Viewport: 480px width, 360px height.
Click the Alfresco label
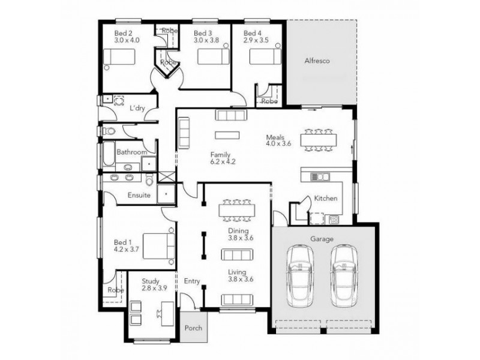317,61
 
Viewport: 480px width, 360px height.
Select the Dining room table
237,210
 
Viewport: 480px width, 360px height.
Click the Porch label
194,328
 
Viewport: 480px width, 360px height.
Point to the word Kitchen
326,199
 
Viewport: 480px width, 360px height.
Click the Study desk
166,311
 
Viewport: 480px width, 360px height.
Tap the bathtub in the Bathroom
108,155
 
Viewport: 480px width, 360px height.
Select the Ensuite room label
139,195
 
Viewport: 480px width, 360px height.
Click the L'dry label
139,108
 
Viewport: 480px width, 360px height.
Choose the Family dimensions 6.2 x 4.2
223,161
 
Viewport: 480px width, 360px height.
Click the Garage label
322,239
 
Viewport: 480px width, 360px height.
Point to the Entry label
192,280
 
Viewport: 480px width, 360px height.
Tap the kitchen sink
319,176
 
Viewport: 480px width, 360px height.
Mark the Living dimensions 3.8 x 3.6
241,279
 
